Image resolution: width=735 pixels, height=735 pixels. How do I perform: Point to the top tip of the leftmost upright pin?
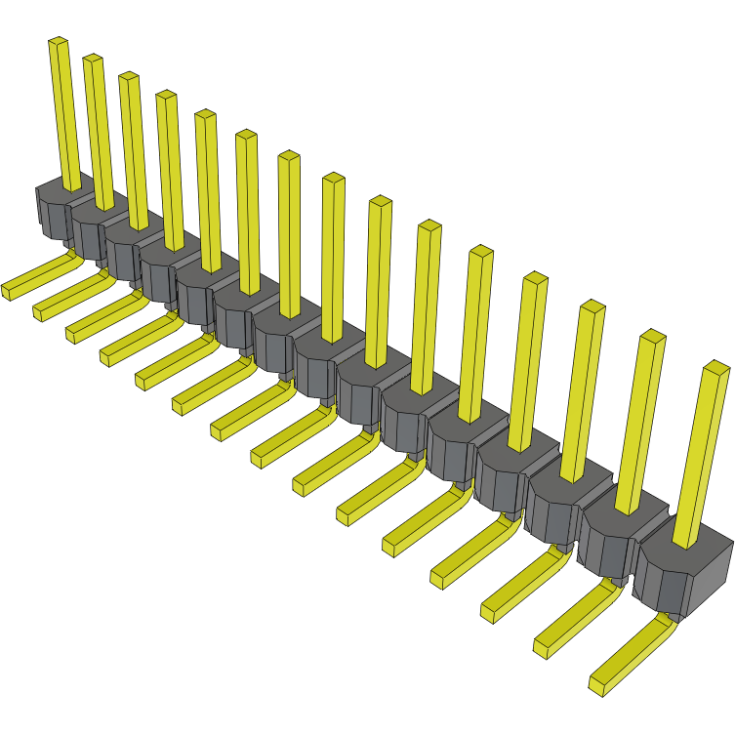pyautogui.click(x=58, y=42)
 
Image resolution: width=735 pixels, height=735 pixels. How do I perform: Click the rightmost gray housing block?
pyautogui.click(x=683, y=576)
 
